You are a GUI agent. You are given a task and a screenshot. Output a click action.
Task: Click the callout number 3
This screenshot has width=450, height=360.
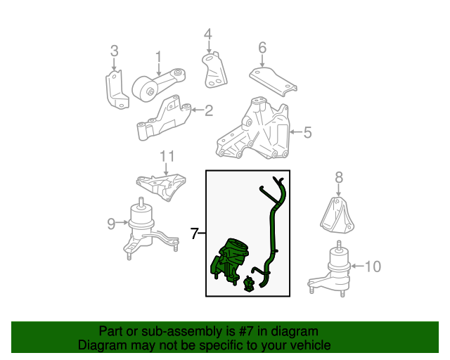click(114, 51)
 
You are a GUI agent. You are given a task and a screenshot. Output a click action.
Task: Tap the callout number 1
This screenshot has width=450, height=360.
click(159, 57)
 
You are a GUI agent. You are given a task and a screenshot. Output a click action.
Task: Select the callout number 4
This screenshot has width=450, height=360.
click(208, 34)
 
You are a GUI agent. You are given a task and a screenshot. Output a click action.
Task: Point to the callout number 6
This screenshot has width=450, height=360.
click(262, 48)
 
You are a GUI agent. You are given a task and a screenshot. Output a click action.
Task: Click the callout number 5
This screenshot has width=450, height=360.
click(307, 132)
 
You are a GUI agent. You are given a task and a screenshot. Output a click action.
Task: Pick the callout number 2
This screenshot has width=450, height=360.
click(209, 110)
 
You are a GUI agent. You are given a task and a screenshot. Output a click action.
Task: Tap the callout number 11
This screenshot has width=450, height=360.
click(167, 157)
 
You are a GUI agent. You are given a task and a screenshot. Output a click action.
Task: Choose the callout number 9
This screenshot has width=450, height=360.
click(111, 224)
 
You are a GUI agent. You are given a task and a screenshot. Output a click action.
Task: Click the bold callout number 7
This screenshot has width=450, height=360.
click(194, 233)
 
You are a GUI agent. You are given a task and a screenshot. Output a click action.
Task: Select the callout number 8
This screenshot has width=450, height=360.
click(339, 177)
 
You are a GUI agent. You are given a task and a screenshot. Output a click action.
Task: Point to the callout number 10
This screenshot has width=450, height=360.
click(373, 266)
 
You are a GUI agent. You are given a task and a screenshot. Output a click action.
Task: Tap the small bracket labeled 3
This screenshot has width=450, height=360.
click(117, 89)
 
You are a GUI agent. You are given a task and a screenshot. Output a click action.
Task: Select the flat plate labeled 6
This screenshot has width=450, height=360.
click(273, 82)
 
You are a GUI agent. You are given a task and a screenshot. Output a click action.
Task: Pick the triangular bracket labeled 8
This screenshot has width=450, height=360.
click(337, 215)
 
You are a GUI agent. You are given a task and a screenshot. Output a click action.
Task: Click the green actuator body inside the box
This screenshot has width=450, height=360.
click(229, 261)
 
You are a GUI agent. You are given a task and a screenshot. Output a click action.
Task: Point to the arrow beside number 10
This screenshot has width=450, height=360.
click(358, 266)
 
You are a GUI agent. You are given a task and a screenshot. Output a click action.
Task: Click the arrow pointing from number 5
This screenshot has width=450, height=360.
click(296, 132)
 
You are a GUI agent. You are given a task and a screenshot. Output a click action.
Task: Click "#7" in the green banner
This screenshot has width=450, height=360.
click(245, 331)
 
